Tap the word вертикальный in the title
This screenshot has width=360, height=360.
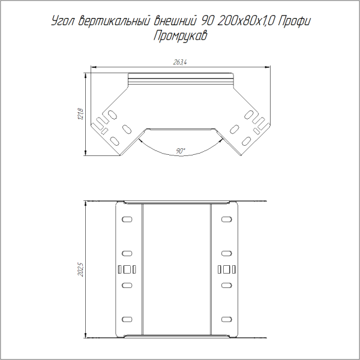(113, 22)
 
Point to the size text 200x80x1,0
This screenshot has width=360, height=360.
(245, 22)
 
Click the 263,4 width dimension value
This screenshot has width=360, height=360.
(180, 62)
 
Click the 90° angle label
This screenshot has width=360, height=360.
(181, 151)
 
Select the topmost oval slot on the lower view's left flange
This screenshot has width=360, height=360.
(127, 220)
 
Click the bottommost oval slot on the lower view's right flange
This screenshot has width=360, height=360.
(227, 318)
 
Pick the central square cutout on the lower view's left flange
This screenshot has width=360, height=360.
(127, 269)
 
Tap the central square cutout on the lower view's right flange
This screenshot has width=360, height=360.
(227, 269)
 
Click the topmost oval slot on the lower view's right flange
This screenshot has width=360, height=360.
(227, 220)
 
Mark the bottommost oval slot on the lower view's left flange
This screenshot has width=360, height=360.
(127, 318)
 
